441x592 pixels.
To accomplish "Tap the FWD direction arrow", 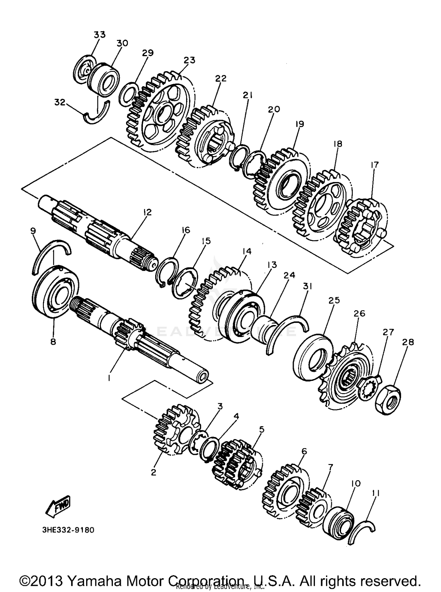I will click(x=58, y=507).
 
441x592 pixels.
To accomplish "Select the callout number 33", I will click(x=99, y=35).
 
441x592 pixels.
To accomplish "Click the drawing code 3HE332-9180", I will click(x=68, y=530).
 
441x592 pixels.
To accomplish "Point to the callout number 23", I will click(x=189, y=60).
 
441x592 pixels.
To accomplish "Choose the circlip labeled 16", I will click(x=166, y=271).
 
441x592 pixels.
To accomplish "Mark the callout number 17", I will click(x=374, y=165).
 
